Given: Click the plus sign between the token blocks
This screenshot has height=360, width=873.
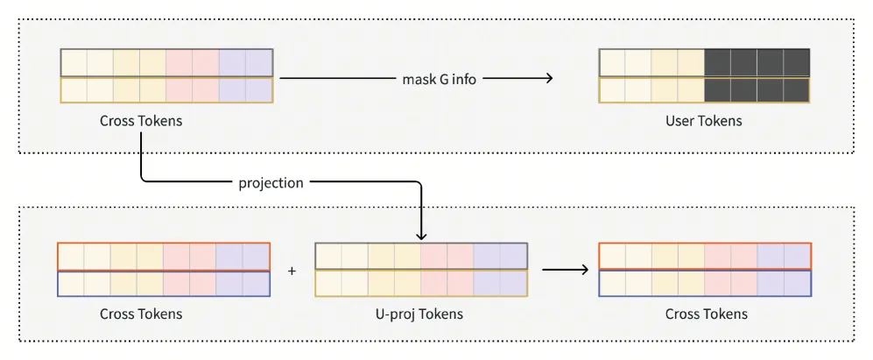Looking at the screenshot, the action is click(x=292, y=271).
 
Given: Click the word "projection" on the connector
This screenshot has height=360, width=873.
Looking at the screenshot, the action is click(x=271, y=183).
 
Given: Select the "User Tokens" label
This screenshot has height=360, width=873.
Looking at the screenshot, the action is click(x=704, y=120).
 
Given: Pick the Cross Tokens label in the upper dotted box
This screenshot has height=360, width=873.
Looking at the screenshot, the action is click(x=141, y=120).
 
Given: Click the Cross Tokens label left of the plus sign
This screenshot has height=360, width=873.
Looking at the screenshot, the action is click(x=141, y=314).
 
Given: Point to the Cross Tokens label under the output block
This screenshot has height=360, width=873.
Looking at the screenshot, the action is click(x=707, y=314).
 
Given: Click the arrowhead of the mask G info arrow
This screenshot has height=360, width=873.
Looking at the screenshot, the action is click(x=548, y=79).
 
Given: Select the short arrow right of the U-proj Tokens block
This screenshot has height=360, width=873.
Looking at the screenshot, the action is click(x=565, y=271).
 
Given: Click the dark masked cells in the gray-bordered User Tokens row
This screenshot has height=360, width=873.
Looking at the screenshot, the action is click(x=757, y=62).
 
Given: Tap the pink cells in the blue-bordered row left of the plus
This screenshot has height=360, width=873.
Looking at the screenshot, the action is click(x=189, y=284).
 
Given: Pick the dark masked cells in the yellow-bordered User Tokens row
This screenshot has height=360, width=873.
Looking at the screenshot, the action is click(x=757, y=89).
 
